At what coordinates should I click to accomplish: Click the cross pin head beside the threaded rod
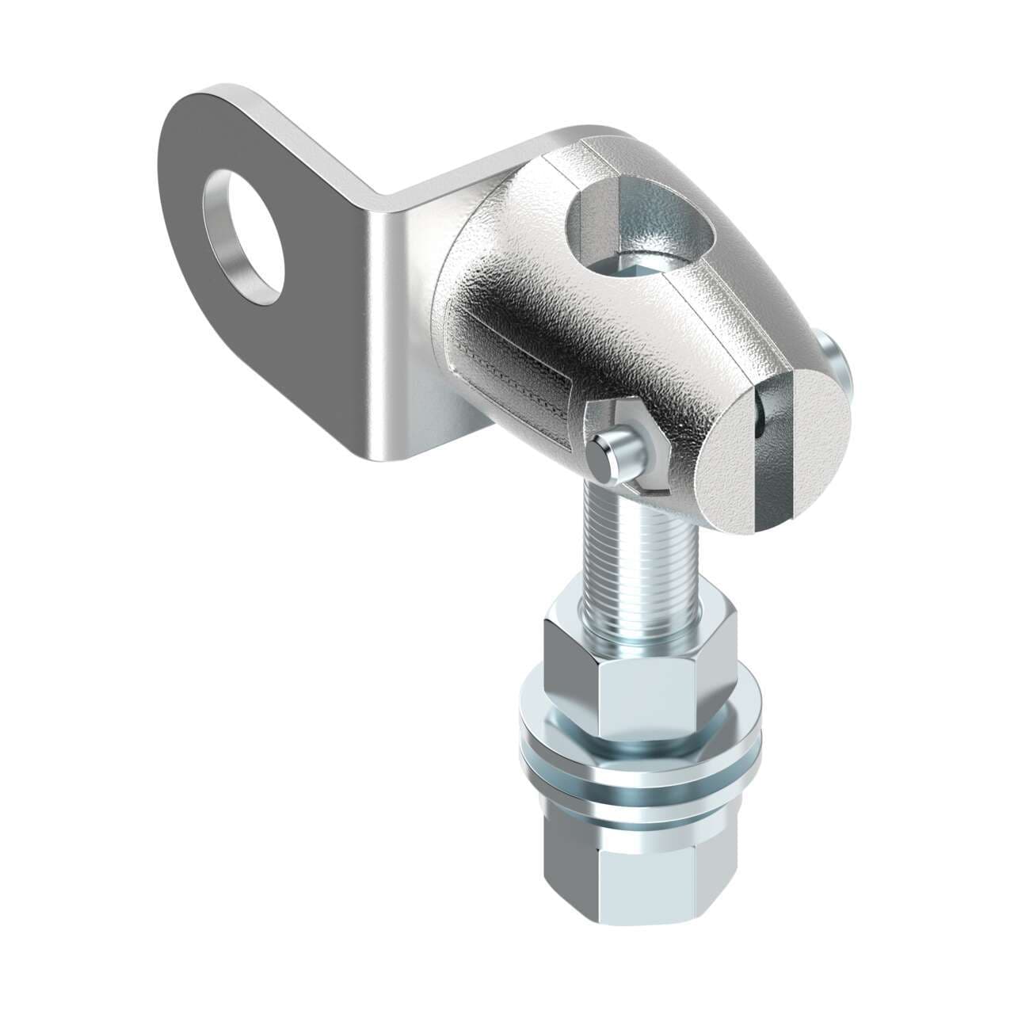point(604,458)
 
